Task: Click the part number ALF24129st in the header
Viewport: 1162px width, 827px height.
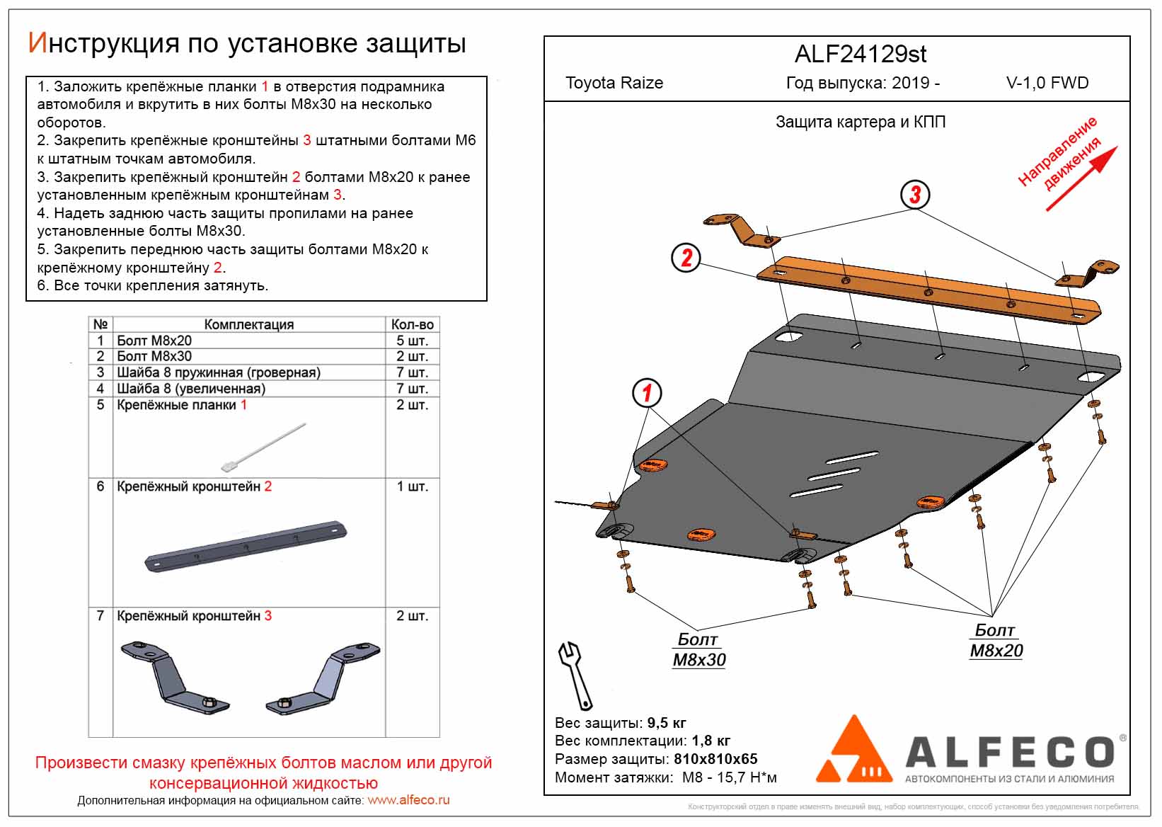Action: click(x=861, y=55)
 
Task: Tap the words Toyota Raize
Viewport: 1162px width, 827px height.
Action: click(x=614, y=83)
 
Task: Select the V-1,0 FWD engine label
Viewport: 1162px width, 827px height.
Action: click(x=1047, y=83)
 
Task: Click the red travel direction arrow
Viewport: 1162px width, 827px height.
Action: click(x=1081, y=178)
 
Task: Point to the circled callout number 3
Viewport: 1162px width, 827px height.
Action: click(x=915, y=195)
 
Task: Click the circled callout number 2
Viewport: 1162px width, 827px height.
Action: click(x=686, y=258)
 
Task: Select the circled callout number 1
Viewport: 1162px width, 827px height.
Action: click(x=647, y=393)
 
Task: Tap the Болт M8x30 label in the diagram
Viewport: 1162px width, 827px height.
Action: click(x=698, y=649)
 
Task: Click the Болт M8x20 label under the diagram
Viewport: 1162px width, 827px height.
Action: click(x=996, y=640)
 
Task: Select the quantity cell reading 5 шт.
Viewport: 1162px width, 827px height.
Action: click(x=412, y=341)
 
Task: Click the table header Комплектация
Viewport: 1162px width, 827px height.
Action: click(x=248, y=324)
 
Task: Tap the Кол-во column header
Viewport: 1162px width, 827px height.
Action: click(x=412, y=324)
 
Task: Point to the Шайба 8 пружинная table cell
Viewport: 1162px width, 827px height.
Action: click(x=218, y=372)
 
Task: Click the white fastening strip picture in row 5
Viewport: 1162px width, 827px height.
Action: click(x=264, y=447)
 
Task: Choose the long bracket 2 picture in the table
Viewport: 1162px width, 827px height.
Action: click(x=246, y=547)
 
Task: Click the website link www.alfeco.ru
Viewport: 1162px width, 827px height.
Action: click(x=408, y=801)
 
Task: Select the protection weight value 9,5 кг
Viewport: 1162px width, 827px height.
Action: click(x=667, y=723)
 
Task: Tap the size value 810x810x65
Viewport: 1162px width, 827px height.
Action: click(x=715, y=759)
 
